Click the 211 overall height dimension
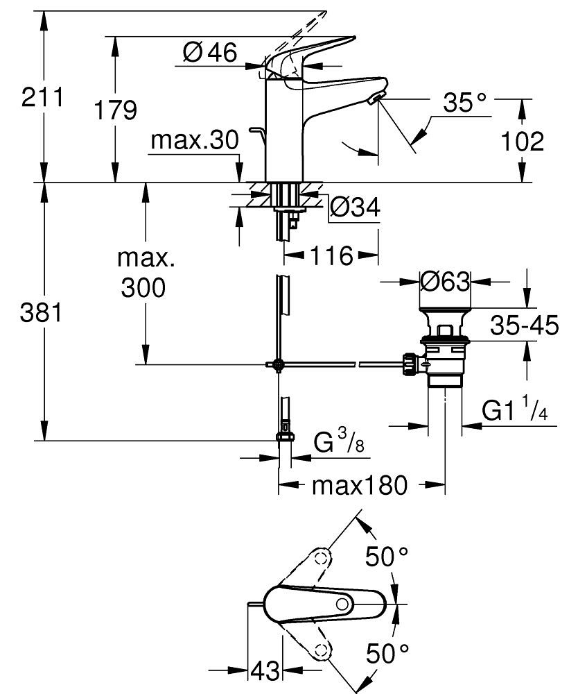coord(42,96)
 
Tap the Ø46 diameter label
coord(209,52)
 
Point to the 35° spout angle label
coord(464,103)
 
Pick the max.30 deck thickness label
coord(195,141)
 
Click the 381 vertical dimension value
coord(42,314)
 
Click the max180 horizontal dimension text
coord(360,485)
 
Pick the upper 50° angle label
coord(387,557)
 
